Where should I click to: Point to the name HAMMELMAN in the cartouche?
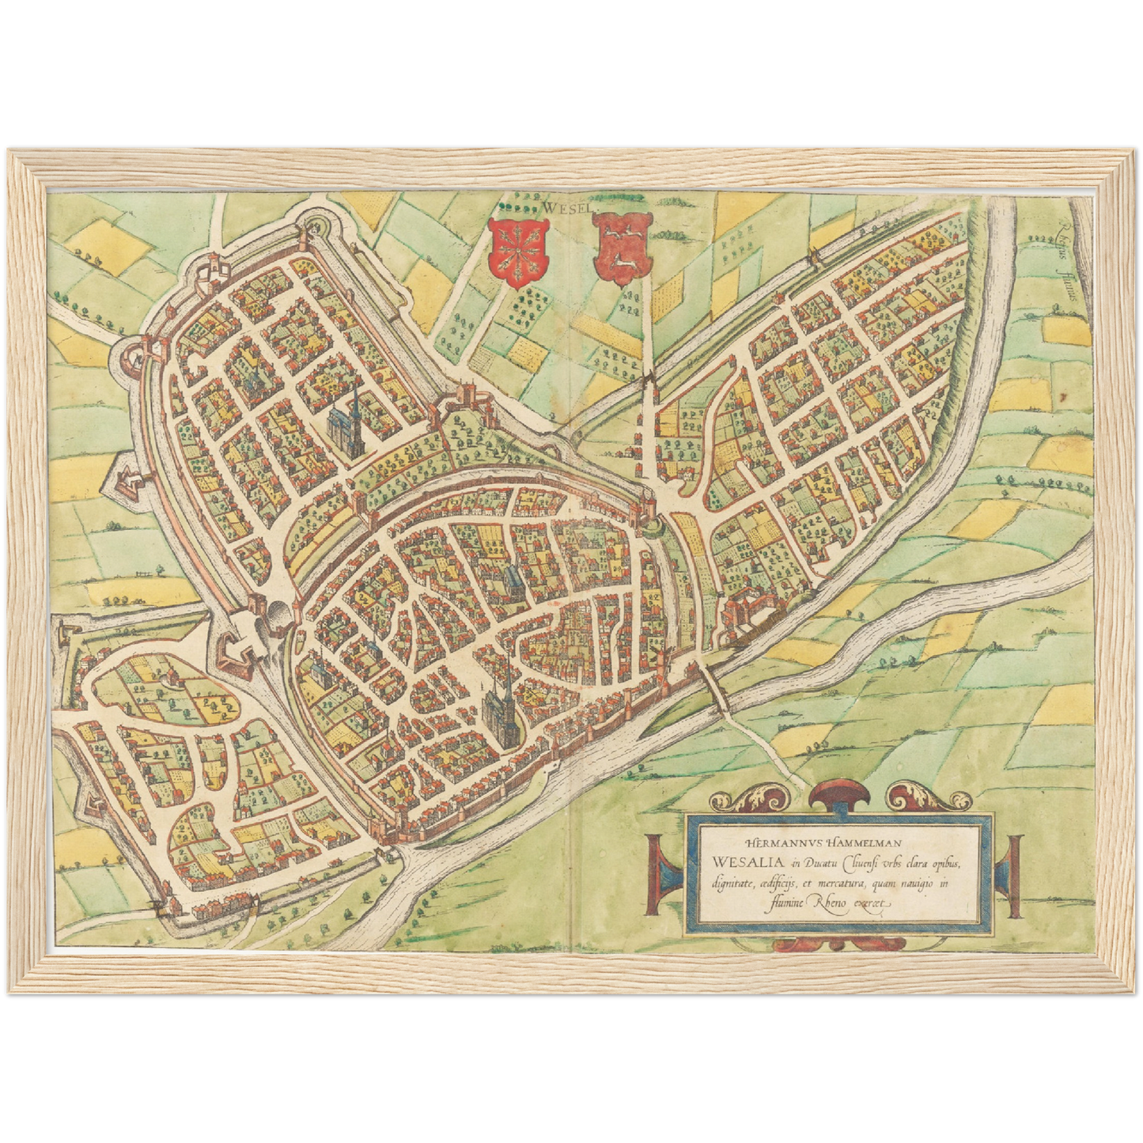click(867, 845)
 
